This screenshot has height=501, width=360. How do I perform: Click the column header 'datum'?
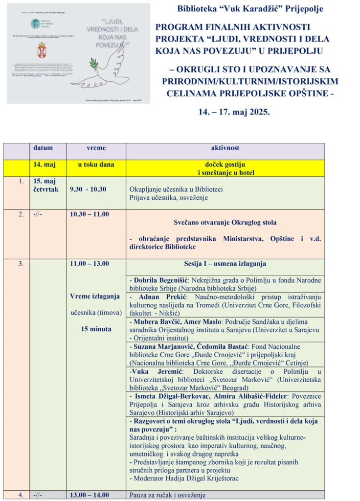(x=43, y=148)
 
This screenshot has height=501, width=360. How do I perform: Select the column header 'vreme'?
(x=95, y=148)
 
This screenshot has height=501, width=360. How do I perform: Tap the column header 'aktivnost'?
(x=225, y=148)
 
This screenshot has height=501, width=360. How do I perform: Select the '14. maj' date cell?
(x=43, y=165)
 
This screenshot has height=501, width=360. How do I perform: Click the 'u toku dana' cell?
(x=96, y=165)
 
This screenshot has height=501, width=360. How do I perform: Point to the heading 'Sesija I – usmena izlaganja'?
(x=225, y=264)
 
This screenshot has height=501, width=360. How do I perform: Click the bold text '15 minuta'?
(x=96, y=329)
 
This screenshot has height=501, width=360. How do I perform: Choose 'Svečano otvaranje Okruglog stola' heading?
(x=225, y=223)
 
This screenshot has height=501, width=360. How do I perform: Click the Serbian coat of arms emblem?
(x=43, y=50)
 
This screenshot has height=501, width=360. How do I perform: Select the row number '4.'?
(x=21, y=495)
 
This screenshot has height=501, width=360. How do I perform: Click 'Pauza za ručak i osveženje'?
(x=167, y=495)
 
